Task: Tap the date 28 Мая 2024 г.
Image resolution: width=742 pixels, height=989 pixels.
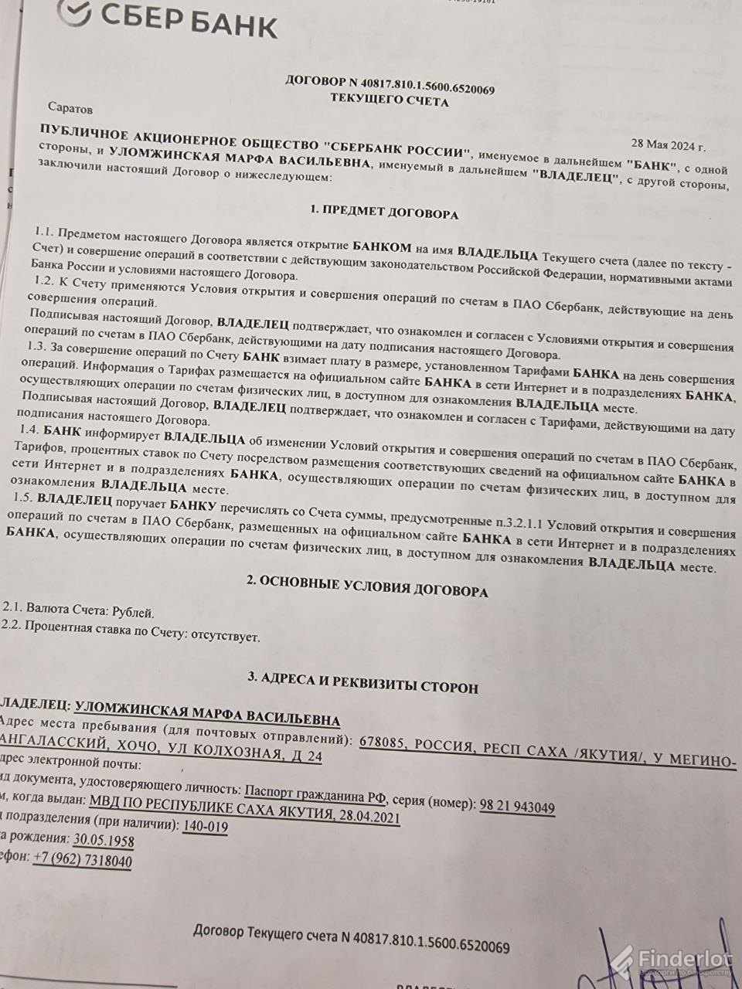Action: tap(668, 144)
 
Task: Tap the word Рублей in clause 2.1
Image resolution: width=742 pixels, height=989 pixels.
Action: tap(133, 613)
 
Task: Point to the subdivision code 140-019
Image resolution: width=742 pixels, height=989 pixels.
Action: tap(205, 827)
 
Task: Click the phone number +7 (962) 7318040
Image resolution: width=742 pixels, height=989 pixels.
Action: tap(82, 861)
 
